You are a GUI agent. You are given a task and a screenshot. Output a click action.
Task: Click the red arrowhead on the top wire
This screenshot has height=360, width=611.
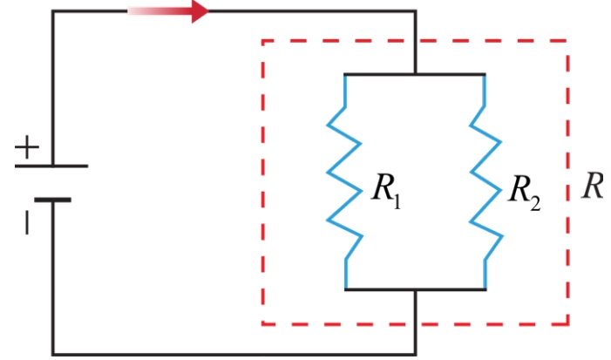pyautogui.click(x=200, y=11)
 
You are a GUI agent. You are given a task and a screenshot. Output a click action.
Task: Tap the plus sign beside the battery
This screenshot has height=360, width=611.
pyautogui.click(x=27, y=147)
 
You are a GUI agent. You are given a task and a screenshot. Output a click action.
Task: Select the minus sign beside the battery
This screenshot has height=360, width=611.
pyautogui.click(x=27, y=222)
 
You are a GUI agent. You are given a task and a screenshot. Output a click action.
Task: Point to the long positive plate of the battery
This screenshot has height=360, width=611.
pyautogui.click(x=51, y=166)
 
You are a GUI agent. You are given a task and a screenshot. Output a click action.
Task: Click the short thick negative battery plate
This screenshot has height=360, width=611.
pyautogui.click(x=52, y=200)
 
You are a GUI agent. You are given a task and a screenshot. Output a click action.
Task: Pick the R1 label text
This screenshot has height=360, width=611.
pyautogui.click(x=386, y=191)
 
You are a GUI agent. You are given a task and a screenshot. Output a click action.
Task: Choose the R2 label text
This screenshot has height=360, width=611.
pyautogui.click(x=525, y=192)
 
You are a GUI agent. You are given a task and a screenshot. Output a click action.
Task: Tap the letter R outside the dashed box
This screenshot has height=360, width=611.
pyautogui.click(x=593, y=187)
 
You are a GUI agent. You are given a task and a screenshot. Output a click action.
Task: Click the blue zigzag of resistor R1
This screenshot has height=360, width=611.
pyautogui.click(x=345, y=182)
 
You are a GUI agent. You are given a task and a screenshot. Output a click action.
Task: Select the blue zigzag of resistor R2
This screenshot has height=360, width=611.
pyautogui.click(x=485, y=182)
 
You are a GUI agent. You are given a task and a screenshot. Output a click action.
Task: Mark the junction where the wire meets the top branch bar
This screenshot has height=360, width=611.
pyautogui.click(x=416, y=73)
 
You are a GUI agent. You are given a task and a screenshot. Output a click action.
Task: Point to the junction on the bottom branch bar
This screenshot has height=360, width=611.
pyautogui.click(x=416, y=289)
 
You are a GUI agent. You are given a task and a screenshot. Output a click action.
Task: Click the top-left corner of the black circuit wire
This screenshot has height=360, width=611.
pyautogui.click(x=53, y=11)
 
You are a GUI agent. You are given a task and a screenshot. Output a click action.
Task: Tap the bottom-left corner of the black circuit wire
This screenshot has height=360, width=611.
pyautogui.click(x=53, y=354)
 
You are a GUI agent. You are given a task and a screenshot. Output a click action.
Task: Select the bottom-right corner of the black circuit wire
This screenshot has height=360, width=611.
pyautogui.click(x=416, y=354)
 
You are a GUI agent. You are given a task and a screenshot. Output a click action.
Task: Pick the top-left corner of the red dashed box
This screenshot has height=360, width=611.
pyautogui.click(x=263, y=40)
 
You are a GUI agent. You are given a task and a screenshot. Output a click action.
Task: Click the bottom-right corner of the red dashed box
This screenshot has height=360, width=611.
pyautogui.click(x=568, y=323)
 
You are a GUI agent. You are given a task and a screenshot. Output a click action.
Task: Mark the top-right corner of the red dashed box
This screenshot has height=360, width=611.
pyautogui.click(x=568, y=40)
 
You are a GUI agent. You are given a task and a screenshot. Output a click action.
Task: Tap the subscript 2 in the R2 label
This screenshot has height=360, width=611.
pyautogui.click(x=535, y=203)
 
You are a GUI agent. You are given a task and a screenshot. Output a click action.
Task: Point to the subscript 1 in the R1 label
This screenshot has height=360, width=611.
pyautogui.click(x=397, y=202)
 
